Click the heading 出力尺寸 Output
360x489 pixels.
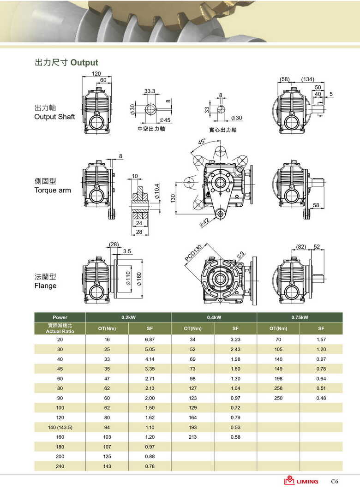66,63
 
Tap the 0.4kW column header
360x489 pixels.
214,317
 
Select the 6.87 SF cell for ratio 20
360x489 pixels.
150,340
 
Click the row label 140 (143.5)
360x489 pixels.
60,427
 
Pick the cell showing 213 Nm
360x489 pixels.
192,437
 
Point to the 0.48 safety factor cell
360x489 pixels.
321,398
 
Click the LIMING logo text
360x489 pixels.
306,482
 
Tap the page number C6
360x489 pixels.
335,482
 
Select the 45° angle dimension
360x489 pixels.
202,142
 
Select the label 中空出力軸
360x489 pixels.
151,129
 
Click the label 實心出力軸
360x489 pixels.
222,130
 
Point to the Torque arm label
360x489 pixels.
53,190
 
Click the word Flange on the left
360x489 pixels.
45,286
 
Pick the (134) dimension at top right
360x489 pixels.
307,79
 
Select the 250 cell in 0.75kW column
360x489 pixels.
278,398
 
